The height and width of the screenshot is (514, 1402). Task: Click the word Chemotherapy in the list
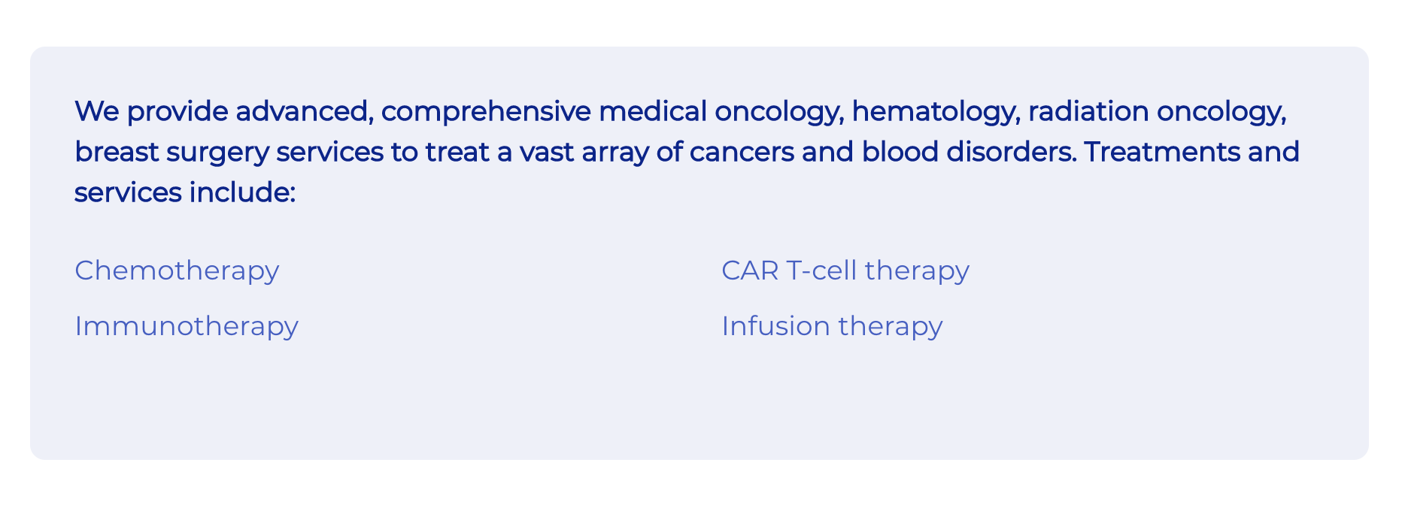[x=177, y=271]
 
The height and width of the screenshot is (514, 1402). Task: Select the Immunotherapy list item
[x=187, y=327]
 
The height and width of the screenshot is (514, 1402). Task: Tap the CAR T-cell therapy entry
[x=845, y=271]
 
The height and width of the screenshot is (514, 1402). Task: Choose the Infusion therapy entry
[x=832, y=327]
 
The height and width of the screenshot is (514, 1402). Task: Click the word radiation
[x=1088, y=111]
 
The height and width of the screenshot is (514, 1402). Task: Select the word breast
[x=117, y=152]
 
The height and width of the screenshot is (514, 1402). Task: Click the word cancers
[x=742, y=153]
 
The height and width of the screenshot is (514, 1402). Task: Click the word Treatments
[x=1162, y=152]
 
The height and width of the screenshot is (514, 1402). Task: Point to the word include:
[x=242, y=192]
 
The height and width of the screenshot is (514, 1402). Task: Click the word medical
[x=653, y=111]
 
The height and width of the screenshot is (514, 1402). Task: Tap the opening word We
[x=97, y=111]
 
